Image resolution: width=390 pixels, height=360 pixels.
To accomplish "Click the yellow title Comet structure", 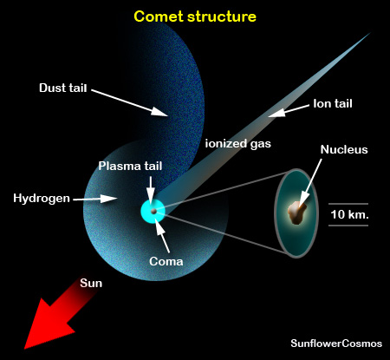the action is (195, 16).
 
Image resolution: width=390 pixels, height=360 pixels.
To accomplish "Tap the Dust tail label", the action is (63, 88).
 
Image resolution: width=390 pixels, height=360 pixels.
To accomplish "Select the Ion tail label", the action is (333, 103).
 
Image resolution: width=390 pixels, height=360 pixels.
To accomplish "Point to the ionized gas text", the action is (238, 144).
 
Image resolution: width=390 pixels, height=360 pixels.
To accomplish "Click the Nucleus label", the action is (344, 149).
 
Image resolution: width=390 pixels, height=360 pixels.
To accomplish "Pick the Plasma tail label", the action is (130, 166).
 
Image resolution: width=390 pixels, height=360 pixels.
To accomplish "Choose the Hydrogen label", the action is (42, 199).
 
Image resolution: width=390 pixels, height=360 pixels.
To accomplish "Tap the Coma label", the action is (166, 261).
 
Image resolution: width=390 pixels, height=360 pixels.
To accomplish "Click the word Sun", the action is (91, 283).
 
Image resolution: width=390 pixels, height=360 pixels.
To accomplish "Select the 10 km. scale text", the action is (349, 214).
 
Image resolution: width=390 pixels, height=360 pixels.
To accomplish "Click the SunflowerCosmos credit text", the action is (336, 344).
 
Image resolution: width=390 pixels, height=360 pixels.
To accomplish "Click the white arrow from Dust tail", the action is (129, 103).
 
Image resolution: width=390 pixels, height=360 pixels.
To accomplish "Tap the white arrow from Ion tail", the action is (289, 111).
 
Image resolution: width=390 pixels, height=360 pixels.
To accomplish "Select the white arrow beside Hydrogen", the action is (95, 199).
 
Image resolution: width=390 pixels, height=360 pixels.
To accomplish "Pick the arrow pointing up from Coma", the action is (162, 236).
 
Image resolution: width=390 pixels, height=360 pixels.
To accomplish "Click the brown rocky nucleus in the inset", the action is (296, 213).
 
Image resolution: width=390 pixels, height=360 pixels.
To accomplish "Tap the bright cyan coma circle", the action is (153, 212).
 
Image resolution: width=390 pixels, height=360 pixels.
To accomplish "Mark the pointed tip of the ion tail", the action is (370, 33).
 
